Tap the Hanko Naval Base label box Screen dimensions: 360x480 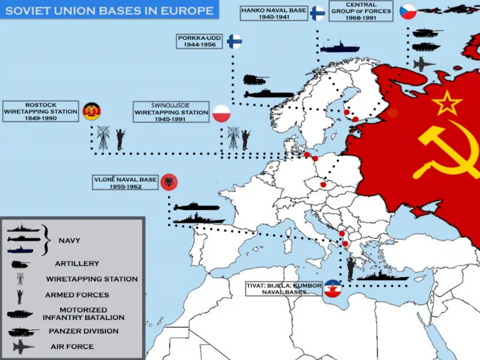pyautogui.click(x=274, y=13)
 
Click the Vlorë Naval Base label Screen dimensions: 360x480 pyautogui.click(x=124, y=183)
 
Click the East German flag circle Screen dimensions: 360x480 pyautogui.click(x=91, y=111)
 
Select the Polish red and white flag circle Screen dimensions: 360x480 pyautogui.click(x=222, y=113)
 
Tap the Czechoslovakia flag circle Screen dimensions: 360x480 pyautogui.click(x=407, y=12)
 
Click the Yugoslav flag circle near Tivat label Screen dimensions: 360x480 pyautogui.click(x=332, y=289)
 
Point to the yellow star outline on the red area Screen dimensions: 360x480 pyautogui.click(x=447, y=102)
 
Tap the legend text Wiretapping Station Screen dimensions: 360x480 pyautogui.click(x=91, y=279)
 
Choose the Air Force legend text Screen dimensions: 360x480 pyautogui.click(x=74, y=346)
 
